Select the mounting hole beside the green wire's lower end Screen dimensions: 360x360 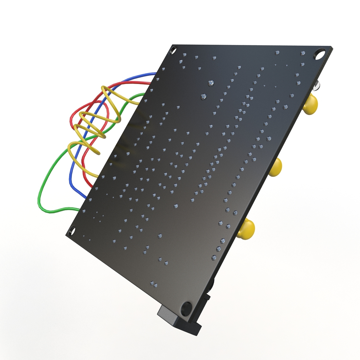pos(72,231)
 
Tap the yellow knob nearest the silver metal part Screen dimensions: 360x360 pos(311,104)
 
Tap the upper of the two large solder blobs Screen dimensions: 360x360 pos(211,83)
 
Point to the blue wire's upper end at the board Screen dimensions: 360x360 pos(154,73)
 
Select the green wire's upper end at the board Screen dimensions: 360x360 pos(141,95)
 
